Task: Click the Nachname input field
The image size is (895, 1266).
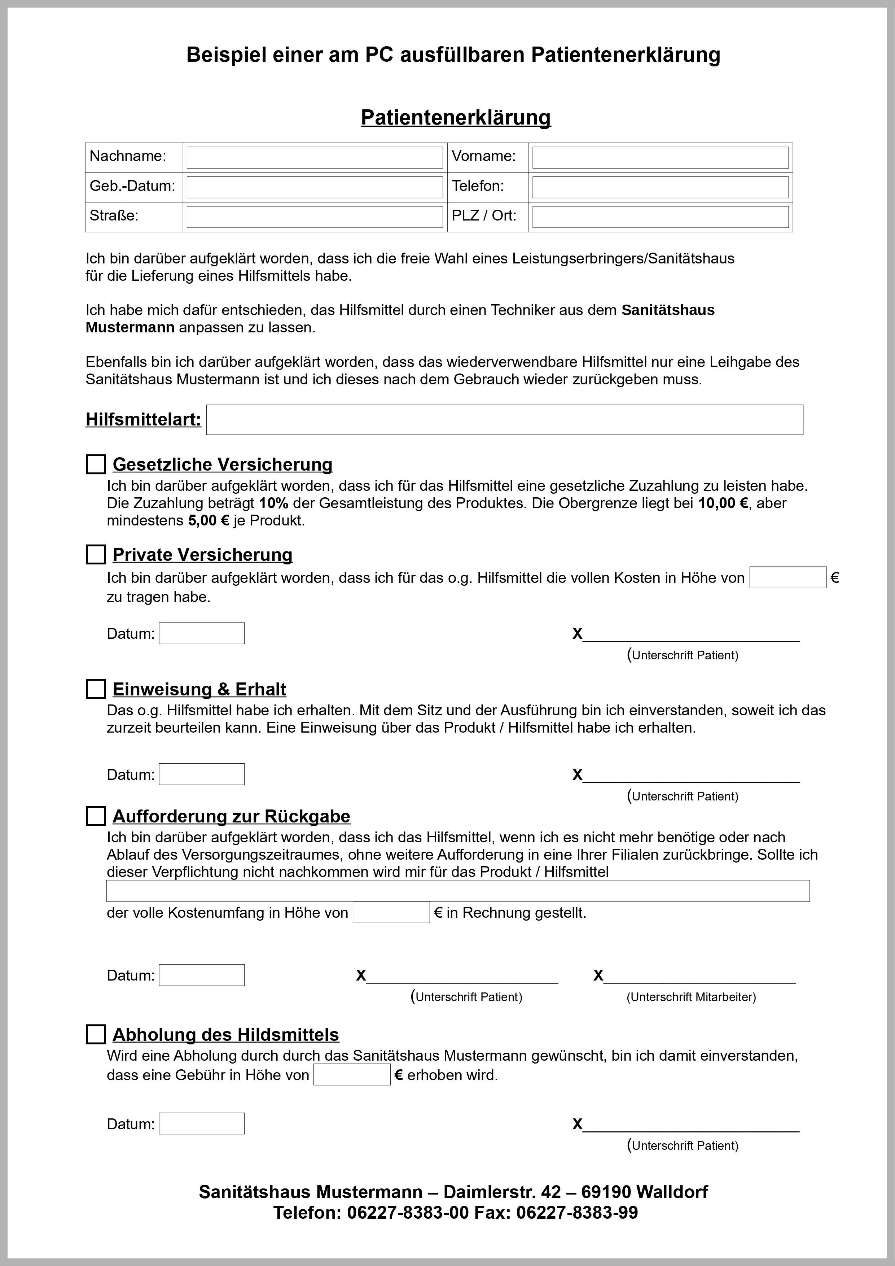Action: (x=314, y=158)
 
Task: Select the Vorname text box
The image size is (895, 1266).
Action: (x=660, y=158)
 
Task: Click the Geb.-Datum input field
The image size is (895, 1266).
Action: (x=314, y=187)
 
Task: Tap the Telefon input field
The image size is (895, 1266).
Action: (x=660, y=187)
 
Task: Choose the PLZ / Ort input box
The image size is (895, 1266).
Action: (x=660, y=217)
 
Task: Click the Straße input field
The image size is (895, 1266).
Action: (x=314, y=217)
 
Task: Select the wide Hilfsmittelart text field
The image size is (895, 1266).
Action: (x=504, y=420)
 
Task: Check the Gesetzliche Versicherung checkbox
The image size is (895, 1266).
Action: (x=96, y=464)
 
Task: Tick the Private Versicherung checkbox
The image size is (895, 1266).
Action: (x=96, y=554)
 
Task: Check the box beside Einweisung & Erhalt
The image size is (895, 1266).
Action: (x=96, y=689)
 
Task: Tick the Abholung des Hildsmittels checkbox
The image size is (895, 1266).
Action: (x=96, y=1034)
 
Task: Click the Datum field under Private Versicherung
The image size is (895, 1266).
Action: (x=201, y=633)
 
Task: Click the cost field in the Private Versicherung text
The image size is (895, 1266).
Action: (x=787, y=577)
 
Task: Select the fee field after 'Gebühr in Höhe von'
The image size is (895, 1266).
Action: (x=352, y=1075)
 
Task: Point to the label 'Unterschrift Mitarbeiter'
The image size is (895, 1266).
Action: (x=691, y=997)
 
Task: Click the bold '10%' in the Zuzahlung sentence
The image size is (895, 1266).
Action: (x=273, y=503)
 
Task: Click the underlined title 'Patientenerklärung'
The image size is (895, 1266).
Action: (x=456, y=117)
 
